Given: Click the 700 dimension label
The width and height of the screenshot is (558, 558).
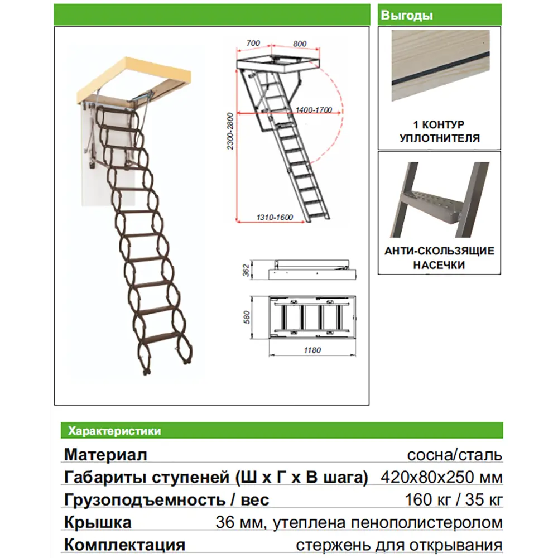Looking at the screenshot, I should (x=253, y=42).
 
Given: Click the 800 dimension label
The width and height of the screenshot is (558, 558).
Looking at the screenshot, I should (x=299, y=42).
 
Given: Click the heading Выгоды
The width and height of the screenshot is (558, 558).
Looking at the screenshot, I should (x=407, y=16).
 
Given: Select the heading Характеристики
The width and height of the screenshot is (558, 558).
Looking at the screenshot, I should (x=114, y=431).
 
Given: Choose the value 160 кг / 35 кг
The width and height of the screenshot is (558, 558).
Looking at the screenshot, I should (x=455, y=500).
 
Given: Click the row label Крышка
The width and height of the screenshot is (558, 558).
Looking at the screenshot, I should (x=98, y=523).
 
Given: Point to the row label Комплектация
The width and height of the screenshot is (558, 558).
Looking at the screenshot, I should (x=124, y=545).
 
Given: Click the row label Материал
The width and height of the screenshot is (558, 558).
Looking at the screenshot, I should (x=106, y=455).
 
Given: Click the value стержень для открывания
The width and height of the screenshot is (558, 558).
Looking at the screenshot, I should (x=399, y=545).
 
